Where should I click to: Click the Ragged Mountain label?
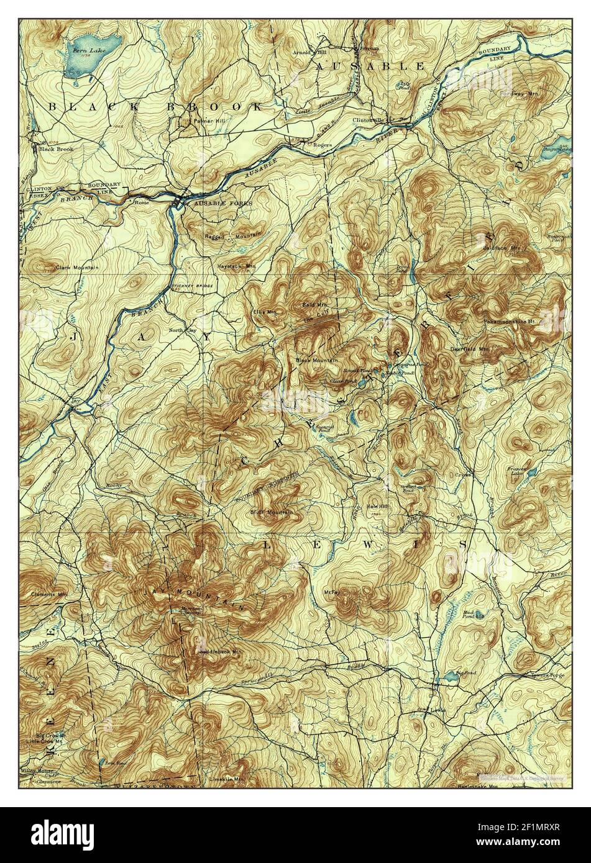pyautogui.click(x=233, y=236)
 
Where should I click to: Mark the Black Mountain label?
pyautogui.click(x=317, y=360)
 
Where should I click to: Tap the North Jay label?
pyautogui.click(x=183, y=330)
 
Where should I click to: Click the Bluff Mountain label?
pyautogui.click(x=271, y=512)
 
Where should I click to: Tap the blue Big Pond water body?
pyautogui.click(x=449, y=676)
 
